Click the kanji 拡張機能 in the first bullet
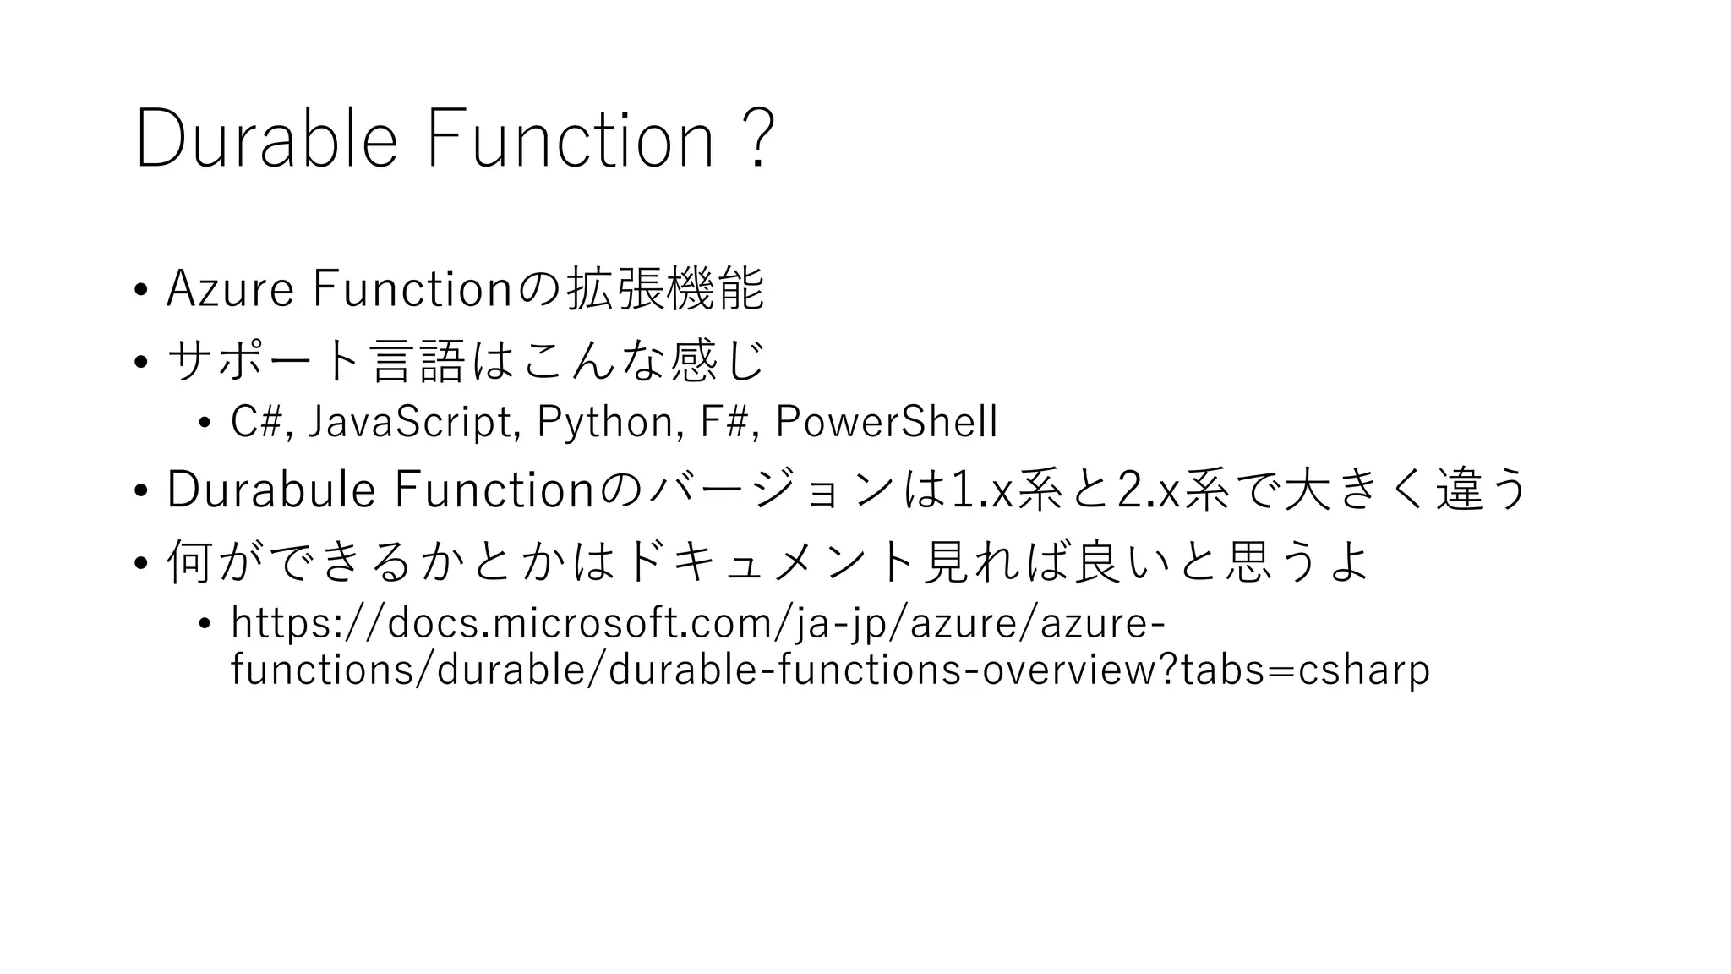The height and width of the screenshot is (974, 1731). pyautogui.click(x=665, y=288)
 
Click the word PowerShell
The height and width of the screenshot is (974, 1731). pyautogui.click(x=886, y=421)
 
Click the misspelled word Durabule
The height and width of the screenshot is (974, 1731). pyautogui.click(x=270, y=490)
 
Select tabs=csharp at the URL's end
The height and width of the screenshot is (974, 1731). pyautogui.click(x=1304, y=670)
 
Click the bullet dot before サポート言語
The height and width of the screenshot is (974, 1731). pyautogui.click(x=140, y=362)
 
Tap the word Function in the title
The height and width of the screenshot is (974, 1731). pyautogui.click(x=571, y=139)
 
